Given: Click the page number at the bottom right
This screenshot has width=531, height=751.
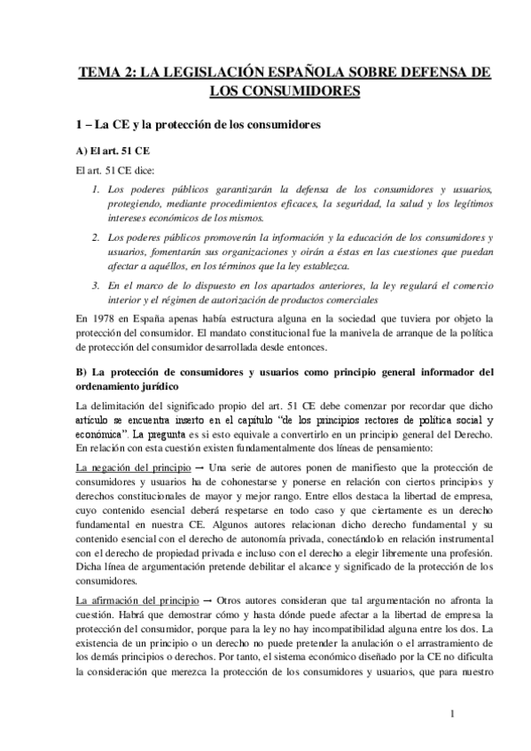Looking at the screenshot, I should coord(452,714).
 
